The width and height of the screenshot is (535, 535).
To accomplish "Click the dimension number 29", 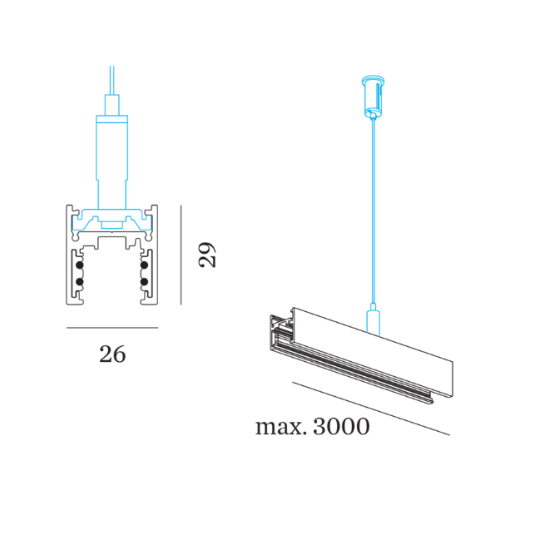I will click(208, 254).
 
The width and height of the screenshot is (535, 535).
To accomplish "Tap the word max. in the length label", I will click(281, 428).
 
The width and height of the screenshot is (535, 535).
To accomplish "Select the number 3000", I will click(341, 428).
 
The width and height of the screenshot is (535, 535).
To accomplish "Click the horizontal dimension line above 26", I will click(112, 328).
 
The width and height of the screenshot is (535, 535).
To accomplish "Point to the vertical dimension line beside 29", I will click(181, 259).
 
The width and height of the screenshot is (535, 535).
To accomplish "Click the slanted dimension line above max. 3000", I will click(371, 408).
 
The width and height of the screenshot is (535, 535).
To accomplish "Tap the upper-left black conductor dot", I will click(79, 267).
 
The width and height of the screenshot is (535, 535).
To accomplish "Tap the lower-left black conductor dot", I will click(79, 284).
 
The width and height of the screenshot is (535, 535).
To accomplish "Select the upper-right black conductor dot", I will click(145, 267).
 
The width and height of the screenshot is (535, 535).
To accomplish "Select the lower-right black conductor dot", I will click(145, 284).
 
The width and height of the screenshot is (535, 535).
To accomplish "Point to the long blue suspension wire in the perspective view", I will click(372, 208).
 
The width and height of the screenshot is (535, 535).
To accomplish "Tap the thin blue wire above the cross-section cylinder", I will click(112, 79).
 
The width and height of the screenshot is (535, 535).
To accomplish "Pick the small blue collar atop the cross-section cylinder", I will click(112, 106).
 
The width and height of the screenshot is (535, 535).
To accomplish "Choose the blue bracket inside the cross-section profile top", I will click(112, 220).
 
